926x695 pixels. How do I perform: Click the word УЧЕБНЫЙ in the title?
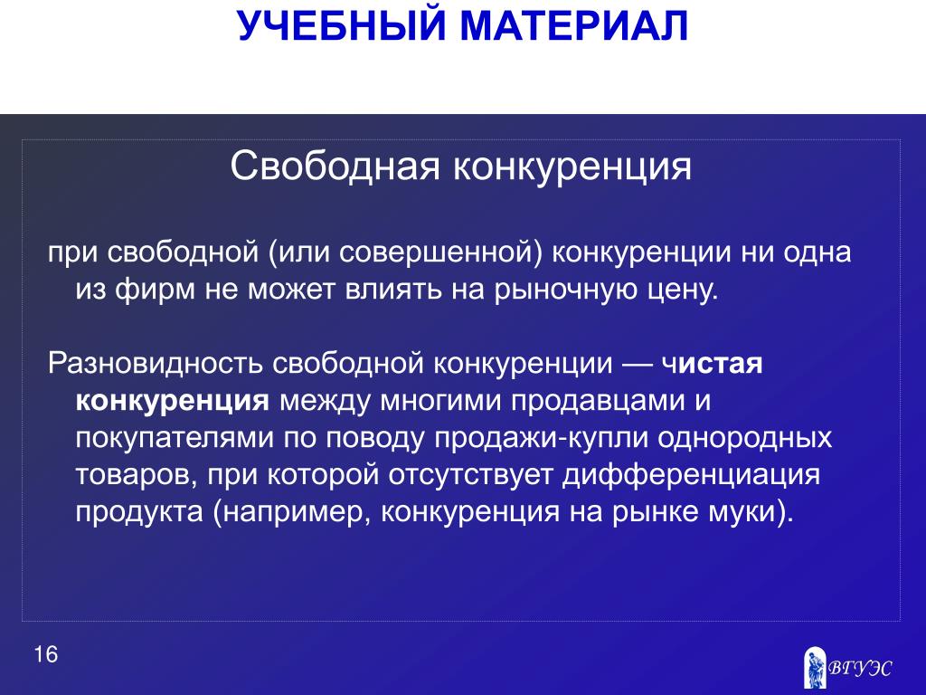pyautogui.click(x=341, y=25)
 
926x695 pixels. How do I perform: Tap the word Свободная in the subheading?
pyautogui.click(x=335, y=167)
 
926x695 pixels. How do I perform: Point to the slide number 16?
pyautogui.click(x=45, y=654)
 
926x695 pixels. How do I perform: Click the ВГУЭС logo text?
pyautogui.click(x=859, y=669)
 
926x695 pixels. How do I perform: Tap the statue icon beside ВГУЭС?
pyautogui.click(x=815, y=668)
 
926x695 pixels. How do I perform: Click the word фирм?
pyautogui.click(x=155, y=290)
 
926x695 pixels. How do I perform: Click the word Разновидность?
pyautogui.click(x=155, y=363)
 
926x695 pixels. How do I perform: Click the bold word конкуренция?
pyautogui.click(x=173, y=401)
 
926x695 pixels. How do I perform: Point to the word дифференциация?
pyautogui.click(x=691, y=476)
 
